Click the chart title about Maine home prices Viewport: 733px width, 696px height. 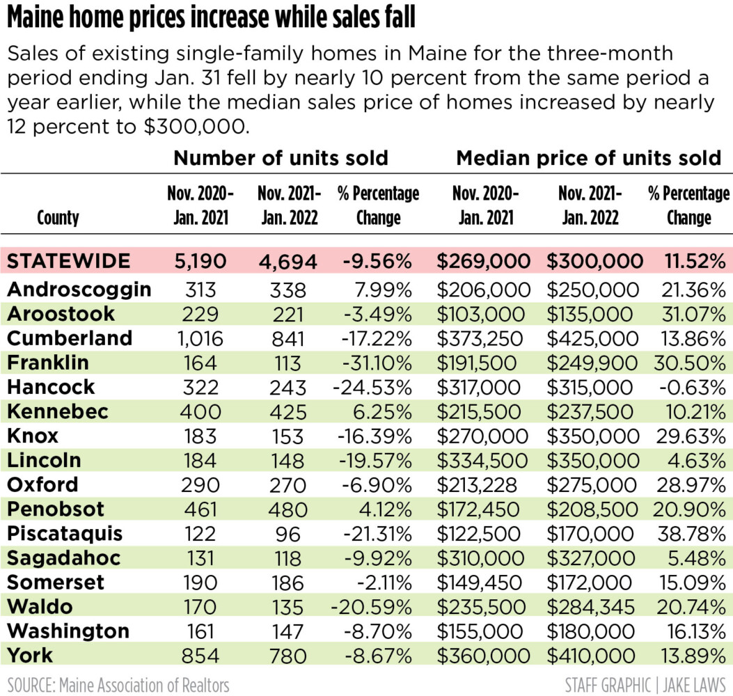(x=212, y=19)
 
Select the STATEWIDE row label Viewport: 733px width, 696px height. (x=69, y=261)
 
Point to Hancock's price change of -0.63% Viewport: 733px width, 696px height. (x=690, y=387)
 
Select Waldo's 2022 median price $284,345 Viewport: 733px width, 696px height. (x=592, y=607)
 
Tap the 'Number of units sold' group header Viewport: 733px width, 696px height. (x=281, y=158)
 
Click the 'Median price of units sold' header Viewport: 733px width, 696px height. (x=589, y=158)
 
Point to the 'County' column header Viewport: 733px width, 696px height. (x=58, y=218)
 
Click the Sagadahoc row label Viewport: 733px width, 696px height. (x=64, y=558)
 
